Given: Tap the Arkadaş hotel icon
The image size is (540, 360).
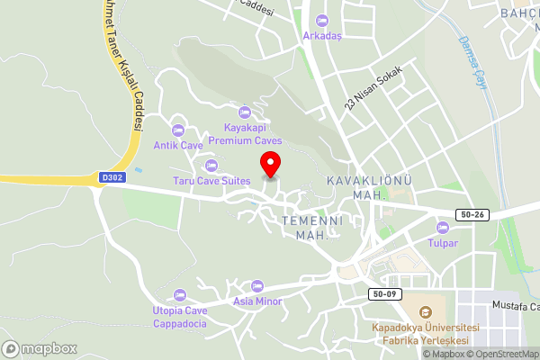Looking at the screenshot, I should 323,21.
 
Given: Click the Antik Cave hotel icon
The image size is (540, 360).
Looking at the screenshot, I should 178,130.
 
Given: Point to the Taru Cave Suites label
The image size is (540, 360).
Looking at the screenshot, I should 212,180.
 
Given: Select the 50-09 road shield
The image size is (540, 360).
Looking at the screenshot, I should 382,293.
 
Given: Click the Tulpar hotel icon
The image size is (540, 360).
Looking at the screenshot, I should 442,227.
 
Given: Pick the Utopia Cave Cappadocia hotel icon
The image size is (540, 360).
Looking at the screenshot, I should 179,294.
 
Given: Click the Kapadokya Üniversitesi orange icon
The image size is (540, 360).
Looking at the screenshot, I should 426,311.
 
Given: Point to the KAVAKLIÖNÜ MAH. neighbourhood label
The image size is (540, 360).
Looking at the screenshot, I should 368,187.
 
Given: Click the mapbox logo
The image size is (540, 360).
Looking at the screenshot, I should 39,348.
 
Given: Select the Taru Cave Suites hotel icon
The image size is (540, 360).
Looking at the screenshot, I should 212,165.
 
